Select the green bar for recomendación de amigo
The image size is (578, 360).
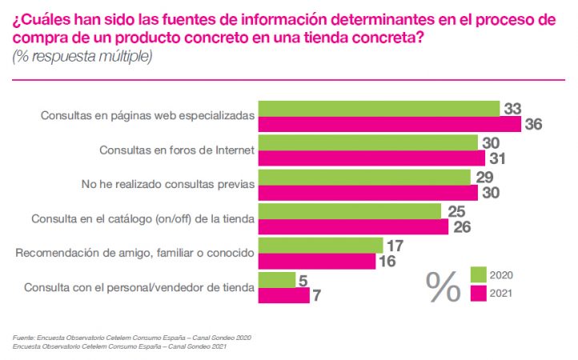click(323, 245)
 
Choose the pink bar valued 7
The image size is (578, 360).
click(285, 295)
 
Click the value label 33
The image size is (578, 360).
click(512, 108)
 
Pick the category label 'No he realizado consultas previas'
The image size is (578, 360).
click(168, 184)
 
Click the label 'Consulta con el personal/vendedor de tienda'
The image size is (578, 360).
click(139, 286)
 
